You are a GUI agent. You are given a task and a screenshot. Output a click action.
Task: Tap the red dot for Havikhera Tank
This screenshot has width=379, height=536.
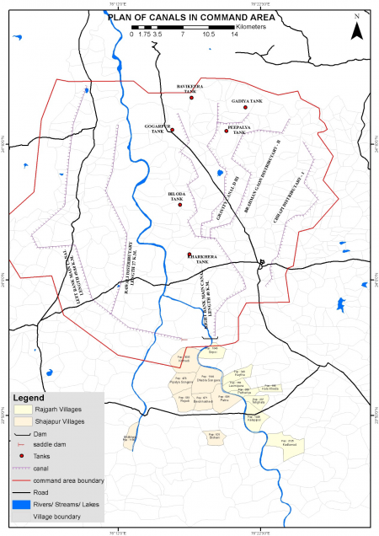tap(192, 98)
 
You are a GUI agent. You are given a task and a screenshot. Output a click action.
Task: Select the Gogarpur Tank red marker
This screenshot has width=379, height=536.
tap(172, 131)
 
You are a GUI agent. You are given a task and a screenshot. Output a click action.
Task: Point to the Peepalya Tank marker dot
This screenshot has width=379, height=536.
tap(226, 131)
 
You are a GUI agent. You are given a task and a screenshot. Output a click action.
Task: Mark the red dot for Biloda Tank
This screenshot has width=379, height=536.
tap(179, 202)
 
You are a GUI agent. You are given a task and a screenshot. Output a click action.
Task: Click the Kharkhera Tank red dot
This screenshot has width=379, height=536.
tap(189, 255)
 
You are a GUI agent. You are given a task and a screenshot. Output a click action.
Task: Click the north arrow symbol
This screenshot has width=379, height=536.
tap(357, 29)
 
